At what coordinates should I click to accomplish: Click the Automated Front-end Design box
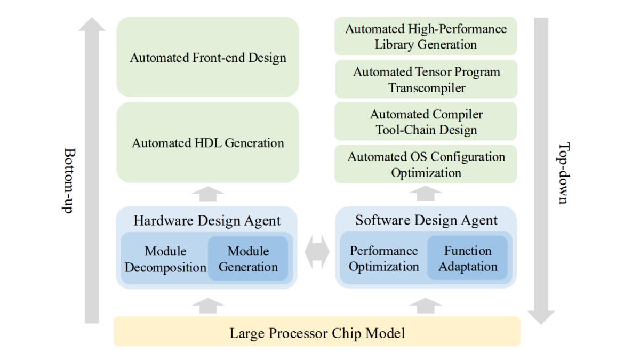click(x=207, y=57)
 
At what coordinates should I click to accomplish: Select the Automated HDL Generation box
click(x=207, y=142)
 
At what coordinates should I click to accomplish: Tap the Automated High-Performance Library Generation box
click(x=425, y=36)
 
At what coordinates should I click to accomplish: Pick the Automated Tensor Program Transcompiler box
click(x=425, y=79)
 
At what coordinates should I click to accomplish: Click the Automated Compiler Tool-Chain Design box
click(x=425, y=122)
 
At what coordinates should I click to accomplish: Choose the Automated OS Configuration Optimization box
click(x=425, y=164)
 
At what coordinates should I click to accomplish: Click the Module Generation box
click(x=248, y=259)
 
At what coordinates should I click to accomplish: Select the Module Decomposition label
click(x=165, y=259)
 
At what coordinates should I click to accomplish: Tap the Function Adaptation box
click(x=467, y=258)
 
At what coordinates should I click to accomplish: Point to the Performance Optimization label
click(x=383, y=258)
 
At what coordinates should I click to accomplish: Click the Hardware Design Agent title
click(x=207, y=220)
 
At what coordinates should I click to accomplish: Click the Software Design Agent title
click(x=426, y=220)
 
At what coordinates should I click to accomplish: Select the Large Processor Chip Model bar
click(x=317, y=333)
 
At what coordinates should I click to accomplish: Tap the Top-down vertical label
click(x=563, y=173)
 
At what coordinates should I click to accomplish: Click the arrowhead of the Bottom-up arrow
click(x=92, y=25)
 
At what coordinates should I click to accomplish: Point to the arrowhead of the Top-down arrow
click(x=541, y=317)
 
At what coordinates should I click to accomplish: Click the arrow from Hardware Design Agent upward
click(x=207, y=194)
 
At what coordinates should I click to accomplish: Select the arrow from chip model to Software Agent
click(x=425, y=306)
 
